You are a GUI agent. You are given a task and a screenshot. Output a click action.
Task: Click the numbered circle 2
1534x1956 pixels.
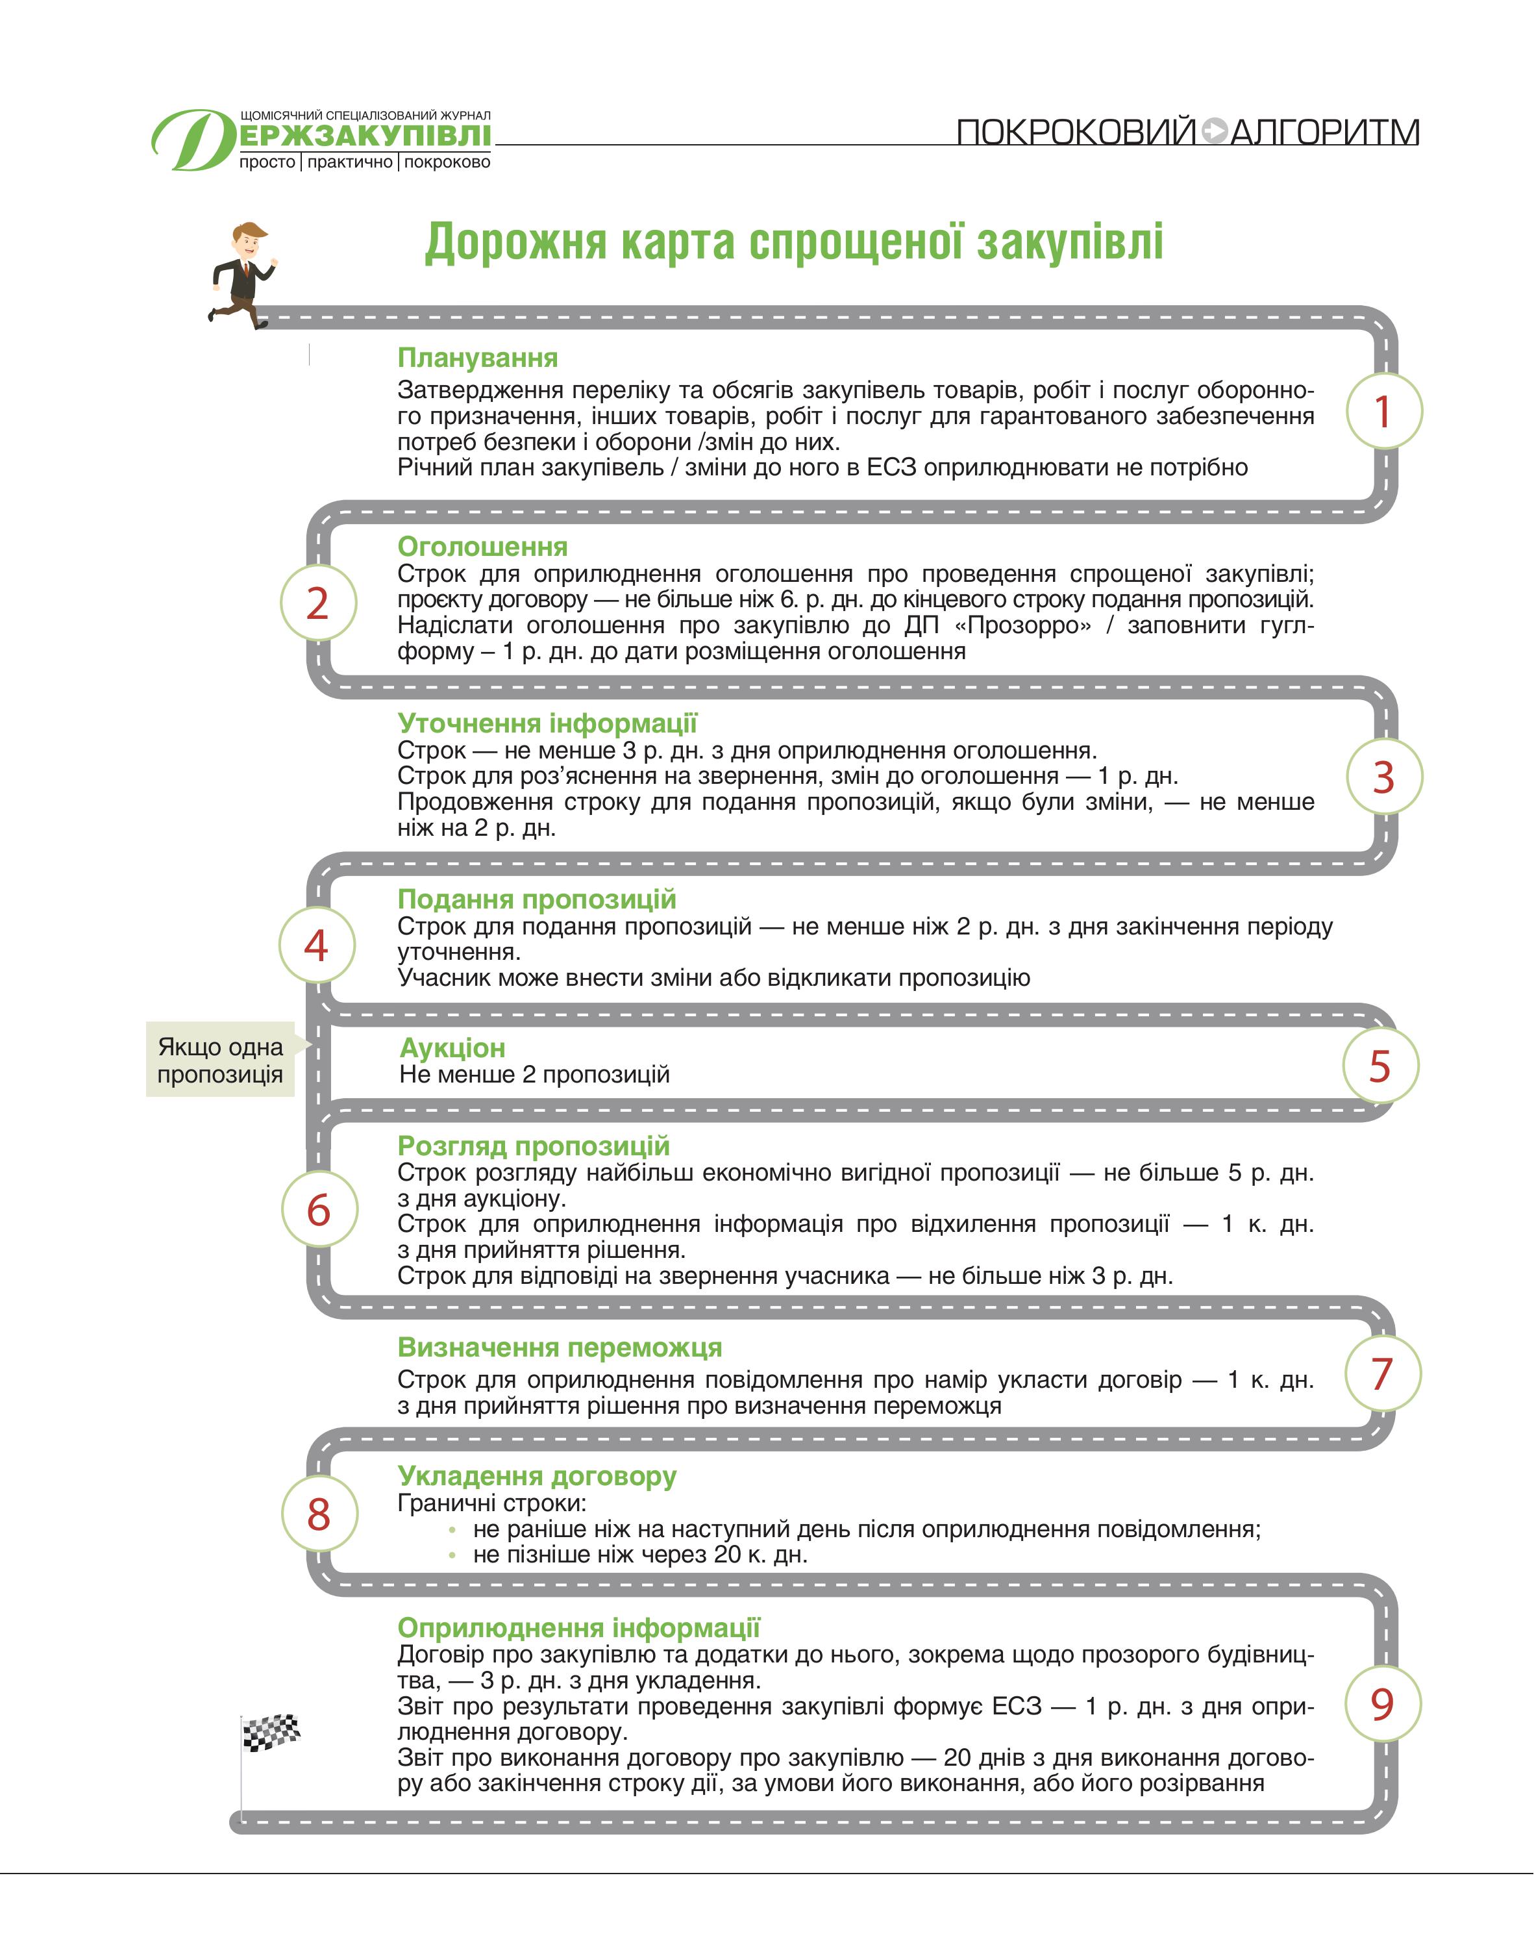(318, 602)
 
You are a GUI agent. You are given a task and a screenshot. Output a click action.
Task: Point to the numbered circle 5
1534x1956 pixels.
(1379, 1066)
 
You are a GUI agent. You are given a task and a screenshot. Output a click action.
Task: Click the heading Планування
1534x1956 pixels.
(478, 358)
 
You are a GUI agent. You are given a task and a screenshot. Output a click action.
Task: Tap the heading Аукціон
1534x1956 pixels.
(452, 1047)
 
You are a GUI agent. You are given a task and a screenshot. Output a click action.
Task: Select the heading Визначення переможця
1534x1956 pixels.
(560, 1347)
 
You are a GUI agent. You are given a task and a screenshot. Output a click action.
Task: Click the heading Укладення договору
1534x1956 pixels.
(537, 1475)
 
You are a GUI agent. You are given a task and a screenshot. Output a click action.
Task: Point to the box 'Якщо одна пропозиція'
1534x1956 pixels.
(221, 1060)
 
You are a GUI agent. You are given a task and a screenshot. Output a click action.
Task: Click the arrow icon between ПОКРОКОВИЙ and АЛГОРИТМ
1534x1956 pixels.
(1213, 131)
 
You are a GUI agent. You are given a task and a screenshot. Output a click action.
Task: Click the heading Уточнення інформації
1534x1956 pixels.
(547, 723)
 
